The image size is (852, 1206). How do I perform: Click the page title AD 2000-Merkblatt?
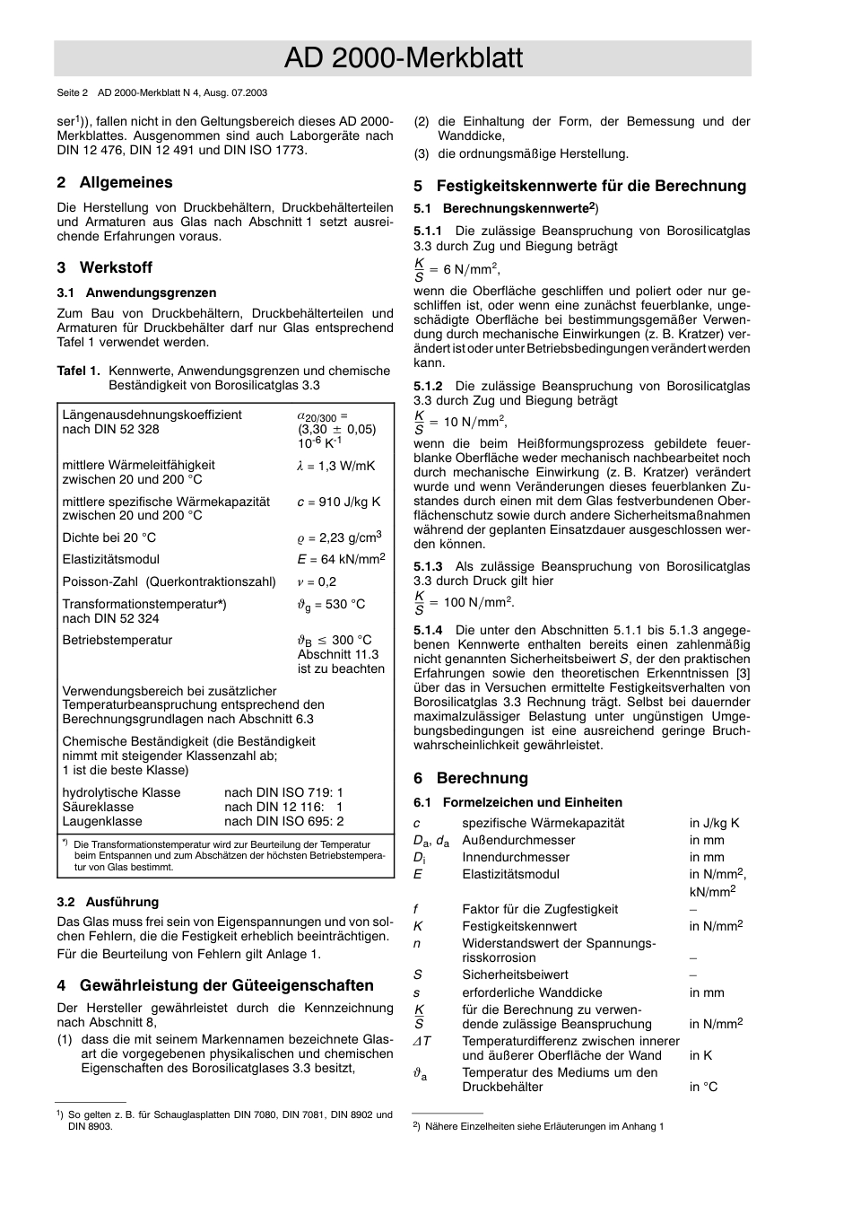403,58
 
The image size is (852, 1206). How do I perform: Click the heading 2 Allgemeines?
114,182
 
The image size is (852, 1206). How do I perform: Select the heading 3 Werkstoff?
104,267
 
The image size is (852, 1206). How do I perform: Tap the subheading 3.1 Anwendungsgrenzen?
136,293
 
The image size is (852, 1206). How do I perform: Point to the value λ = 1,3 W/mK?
336,466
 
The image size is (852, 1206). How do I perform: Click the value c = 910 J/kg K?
338,502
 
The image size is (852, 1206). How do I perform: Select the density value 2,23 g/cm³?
344,537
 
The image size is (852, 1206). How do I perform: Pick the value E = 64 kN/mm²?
341,559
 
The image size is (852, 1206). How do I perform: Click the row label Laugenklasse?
102,821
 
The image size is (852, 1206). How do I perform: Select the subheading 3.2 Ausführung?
108,902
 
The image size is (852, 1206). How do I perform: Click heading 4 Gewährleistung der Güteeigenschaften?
214,985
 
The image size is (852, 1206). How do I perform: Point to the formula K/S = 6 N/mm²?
456,269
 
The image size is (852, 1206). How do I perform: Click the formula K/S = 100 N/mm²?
464,602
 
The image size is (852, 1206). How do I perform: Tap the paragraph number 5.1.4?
428,630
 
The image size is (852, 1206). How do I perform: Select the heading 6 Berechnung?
471,778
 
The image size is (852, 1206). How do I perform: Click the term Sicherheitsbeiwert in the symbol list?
514,974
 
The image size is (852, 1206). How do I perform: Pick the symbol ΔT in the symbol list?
422,1041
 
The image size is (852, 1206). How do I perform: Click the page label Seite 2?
73,92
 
